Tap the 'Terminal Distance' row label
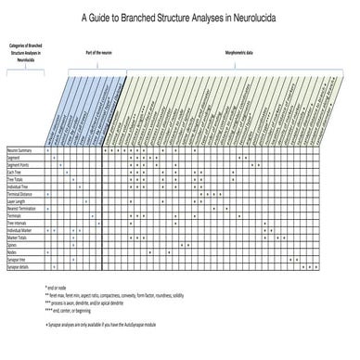(x=20, y=195)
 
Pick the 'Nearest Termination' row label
(x=22, y=210)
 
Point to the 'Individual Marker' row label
(x=20, y=231)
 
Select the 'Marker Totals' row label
(x=18, y=238)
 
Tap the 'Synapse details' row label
(x=19, y=267)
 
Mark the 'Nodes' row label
(x=12, y=252)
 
